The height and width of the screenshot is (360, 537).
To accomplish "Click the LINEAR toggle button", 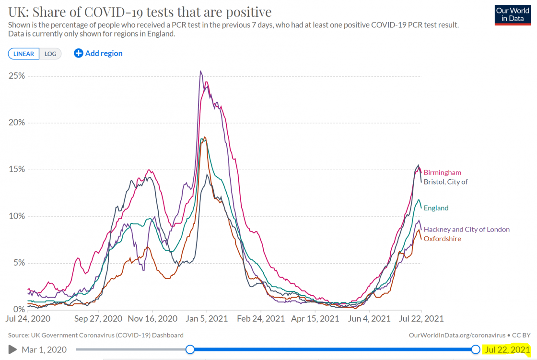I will tap(23, 54).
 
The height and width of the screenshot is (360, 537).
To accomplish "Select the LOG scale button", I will tap(50, 54).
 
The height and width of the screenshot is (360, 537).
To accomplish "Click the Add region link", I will tap(98, 53).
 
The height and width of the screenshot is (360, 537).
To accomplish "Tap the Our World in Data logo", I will tap(513, 15).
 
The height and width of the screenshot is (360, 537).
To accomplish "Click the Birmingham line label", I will tap(442, 173).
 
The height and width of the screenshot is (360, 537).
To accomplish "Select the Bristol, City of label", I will tap(445, 182).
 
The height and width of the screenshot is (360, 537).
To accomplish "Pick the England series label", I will tap(436, 208).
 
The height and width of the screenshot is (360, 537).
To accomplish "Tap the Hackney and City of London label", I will tap(467, 230).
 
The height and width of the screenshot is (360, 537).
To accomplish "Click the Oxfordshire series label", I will tap(442, 238).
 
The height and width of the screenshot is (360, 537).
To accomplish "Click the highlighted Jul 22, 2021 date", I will tap(507, 349).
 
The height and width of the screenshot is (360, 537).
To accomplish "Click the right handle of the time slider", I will tap(476, 349).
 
